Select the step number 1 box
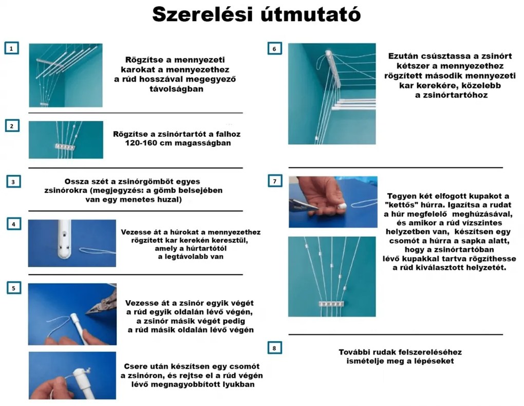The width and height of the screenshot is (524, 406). pos(12,48)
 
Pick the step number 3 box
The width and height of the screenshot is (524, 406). pos(13,181)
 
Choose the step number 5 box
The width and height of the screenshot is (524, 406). pos(13,288)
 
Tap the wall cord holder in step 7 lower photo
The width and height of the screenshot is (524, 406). pos(328,304)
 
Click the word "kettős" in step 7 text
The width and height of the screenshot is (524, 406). pos(400,205)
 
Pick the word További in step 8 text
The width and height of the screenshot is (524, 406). pos(355,352)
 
